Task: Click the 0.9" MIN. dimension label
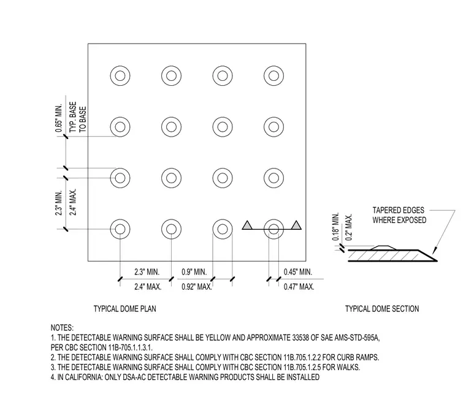click(x=194, y=272)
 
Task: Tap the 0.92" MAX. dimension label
click(x=197, y=287)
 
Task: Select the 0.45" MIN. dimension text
click(x=298, y=272)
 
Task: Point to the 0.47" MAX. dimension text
click(x=299, y=287)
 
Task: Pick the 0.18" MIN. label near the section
click(x=336, y=227)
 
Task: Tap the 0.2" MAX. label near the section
click(x=349, y=227)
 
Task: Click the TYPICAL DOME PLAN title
click(x=125, y=309)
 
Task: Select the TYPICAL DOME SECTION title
click(x=382, y=309)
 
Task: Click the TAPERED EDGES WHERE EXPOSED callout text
click(x=399, y=215)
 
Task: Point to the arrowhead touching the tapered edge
click(x=434, y=250)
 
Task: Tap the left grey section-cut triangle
click(x=247, y=225)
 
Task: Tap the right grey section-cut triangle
click(x=296, y=225)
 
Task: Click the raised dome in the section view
click(x=384, y=248)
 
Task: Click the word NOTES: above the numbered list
click(x=62, y=328)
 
